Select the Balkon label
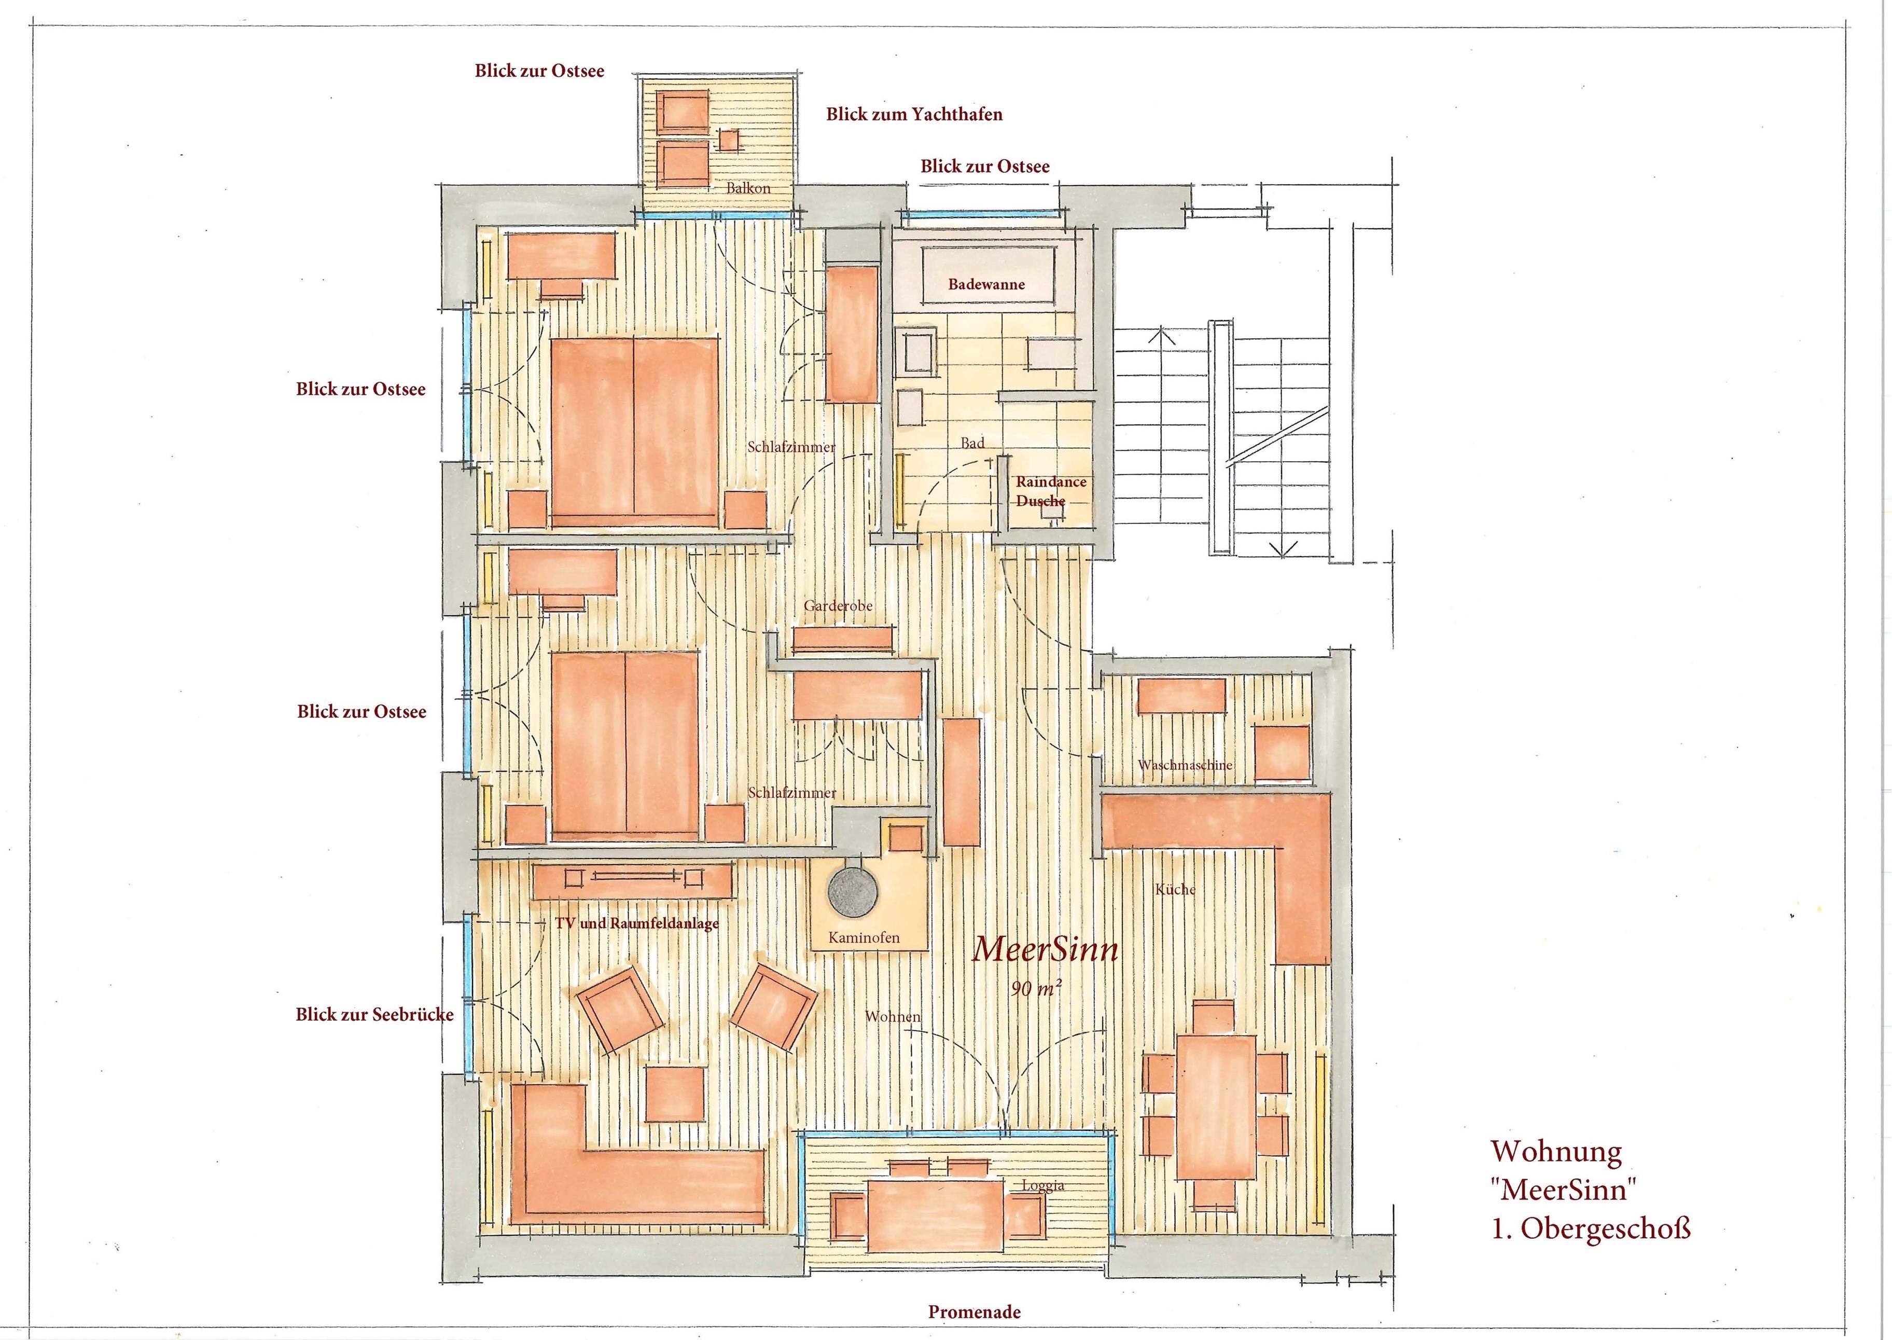point(748,188)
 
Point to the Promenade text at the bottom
point(974,1312)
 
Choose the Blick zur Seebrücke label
point(374,1015)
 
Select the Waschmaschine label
point(1185,765)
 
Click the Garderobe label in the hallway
point(838,605)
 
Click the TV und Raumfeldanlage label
point(637,923)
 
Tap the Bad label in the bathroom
point(972,443)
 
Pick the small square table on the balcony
point(729,140)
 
